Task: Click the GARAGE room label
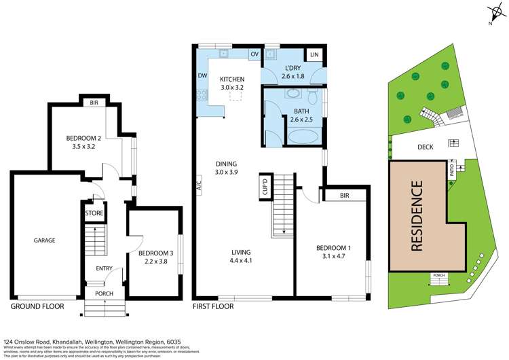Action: pyautogui.click(x=45, y=240)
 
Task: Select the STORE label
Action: pyautogui.click(x=94, y=213)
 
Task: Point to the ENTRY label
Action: pyautogui.click(x=104, y=268)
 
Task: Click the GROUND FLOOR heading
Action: pyautogui.click(x=37, y=306)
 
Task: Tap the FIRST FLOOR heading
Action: pyautogui.click(x=212, y=306)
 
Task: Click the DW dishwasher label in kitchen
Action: pyautogui.click(x=202, y=76)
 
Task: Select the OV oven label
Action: pyautogui.click(x=254, y=54)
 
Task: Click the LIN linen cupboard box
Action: pyautogui.click(x=314, y=54)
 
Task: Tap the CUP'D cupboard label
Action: pyautogui.click(x=265, y=185)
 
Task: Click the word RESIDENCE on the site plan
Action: pyautogui.click(x=417, y=216)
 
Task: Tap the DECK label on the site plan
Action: pyautogui.click(x=424, y=145)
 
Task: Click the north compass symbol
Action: pyautogui.click(x=493, y=14)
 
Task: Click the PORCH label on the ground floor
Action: pyautogui.click(x=105, y=294)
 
